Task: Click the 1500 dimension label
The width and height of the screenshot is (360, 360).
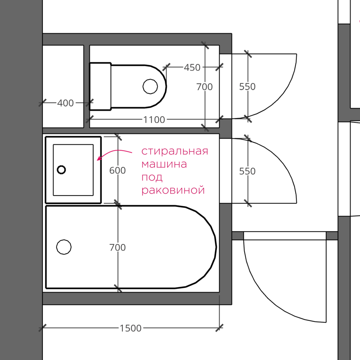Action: [131, 328]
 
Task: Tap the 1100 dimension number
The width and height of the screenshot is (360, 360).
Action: [154, 120]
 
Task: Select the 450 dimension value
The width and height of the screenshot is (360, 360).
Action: [192, 68]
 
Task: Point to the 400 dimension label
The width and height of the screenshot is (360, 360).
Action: [66, 103]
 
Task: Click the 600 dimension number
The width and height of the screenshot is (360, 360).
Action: [118, 170]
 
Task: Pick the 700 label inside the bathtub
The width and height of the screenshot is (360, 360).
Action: [118, 247]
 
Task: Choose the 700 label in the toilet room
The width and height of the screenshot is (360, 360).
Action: [204, 87]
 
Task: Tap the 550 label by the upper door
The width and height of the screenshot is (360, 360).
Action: [247, 86]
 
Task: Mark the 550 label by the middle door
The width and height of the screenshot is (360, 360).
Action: [247, 171]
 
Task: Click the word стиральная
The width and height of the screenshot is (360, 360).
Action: [175, 151]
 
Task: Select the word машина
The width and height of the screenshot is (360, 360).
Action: [164, 164]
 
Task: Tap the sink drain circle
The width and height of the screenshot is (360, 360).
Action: [61, 170]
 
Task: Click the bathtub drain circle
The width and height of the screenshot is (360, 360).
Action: [64, 247]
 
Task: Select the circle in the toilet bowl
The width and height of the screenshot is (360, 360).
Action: [150, 86]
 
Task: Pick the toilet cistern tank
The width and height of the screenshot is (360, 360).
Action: [100, 86]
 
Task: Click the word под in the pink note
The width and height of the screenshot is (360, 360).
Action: [152, 177]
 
